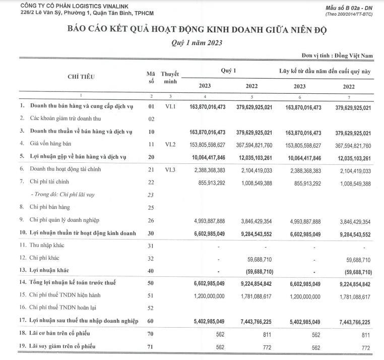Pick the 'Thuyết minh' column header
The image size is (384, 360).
click(170, 78)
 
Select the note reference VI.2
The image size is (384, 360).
click(170, 144)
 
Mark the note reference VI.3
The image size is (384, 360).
click(170, 169)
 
